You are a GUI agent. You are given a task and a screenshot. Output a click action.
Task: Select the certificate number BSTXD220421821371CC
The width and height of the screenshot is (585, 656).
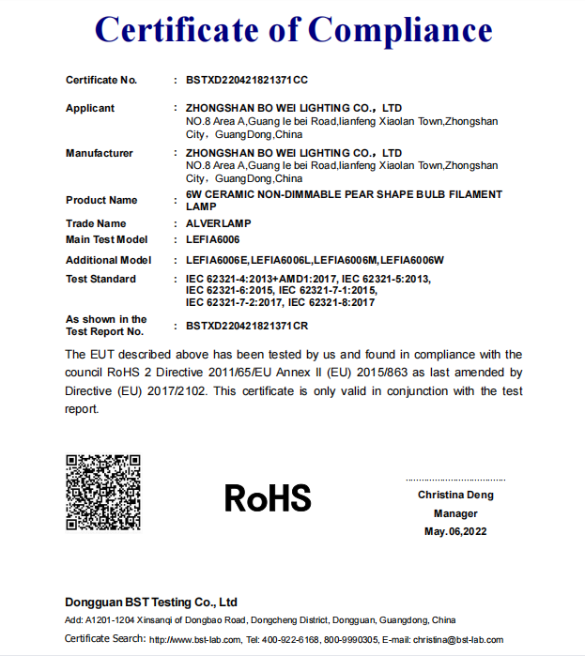pyautogui.click(x=247, y=81)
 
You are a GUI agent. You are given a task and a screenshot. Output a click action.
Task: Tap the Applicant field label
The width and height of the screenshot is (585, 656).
pyautogui.click(x=90, y=109)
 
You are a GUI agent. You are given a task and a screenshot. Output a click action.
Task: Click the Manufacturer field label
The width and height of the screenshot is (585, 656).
pyautogui.click(x=100, y=153)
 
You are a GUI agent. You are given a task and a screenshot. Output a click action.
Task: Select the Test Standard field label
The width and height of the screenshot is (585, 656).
pyautogui.click(x=100, y=279)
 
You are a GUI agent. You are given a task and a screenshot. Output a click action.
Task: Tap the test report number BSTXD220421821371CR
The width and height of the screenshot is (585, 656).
pyautogui.click(x=247, y=326)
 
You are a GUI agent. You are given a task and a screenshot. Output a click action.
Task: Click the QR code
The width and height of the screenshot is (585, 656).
pyautogui.click(x=102, y=492)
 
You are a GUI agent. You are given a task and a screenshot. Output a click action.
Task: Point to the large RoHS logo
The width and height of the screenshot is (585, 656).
pyautogui.click(x=268, y=497)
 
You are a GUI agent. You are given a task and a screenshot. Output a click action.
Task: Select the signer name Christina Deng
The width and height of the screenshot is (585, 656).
pyautogui.click(x=455, y=495)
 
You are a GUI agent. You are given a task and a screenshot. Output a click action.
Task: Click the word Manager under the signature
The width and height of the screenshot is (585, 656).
pyautogui.click(x=455, y=513)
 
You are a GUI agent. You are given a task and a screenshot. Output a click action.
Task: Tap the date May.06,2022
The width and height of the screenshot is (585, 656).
pyautogui.click(x=455, y=531)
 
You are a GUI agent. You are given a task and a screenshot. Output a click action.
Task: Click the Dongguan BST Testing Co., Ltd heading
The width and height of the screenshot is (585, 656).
pyautogui.click(x=151, y=602)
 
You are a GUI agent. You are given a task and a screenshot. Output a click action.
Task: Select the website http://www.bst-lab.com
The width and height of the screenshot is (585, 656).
pyautogui.click(x=195, y=640)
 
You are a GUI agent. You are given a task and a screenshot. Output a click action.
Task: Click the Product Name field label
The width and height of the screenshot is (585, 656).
pyautogui.click(x=101, y=200)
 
